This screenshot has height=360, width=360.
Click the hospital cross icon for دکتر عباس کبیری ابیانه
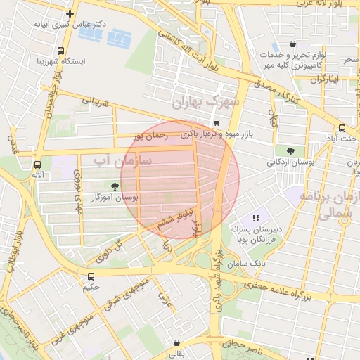70,13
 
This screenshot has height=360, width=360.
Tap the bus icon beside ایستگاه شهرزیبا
61,51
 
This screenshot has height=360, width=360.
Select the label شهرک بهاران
206,103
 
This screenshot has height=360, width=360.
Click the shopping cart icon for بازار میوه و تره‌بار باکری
217,123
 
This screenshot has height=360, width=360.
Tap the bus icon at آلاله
37,165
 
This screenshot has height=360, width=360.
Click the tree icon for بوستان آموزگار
114,186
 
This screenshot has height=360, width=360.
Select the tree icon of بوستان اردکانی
290,150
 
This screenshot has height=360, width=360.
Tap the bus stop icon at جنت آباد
342,128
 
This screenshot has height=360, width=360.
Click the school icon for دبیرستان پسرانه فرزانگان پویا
257,218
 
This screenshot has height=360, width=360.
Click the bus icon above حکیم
91,276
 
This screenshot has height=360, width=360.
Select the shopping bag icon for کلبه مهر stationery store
292,44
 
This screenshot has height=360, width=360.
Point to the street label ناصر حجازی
243,345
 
